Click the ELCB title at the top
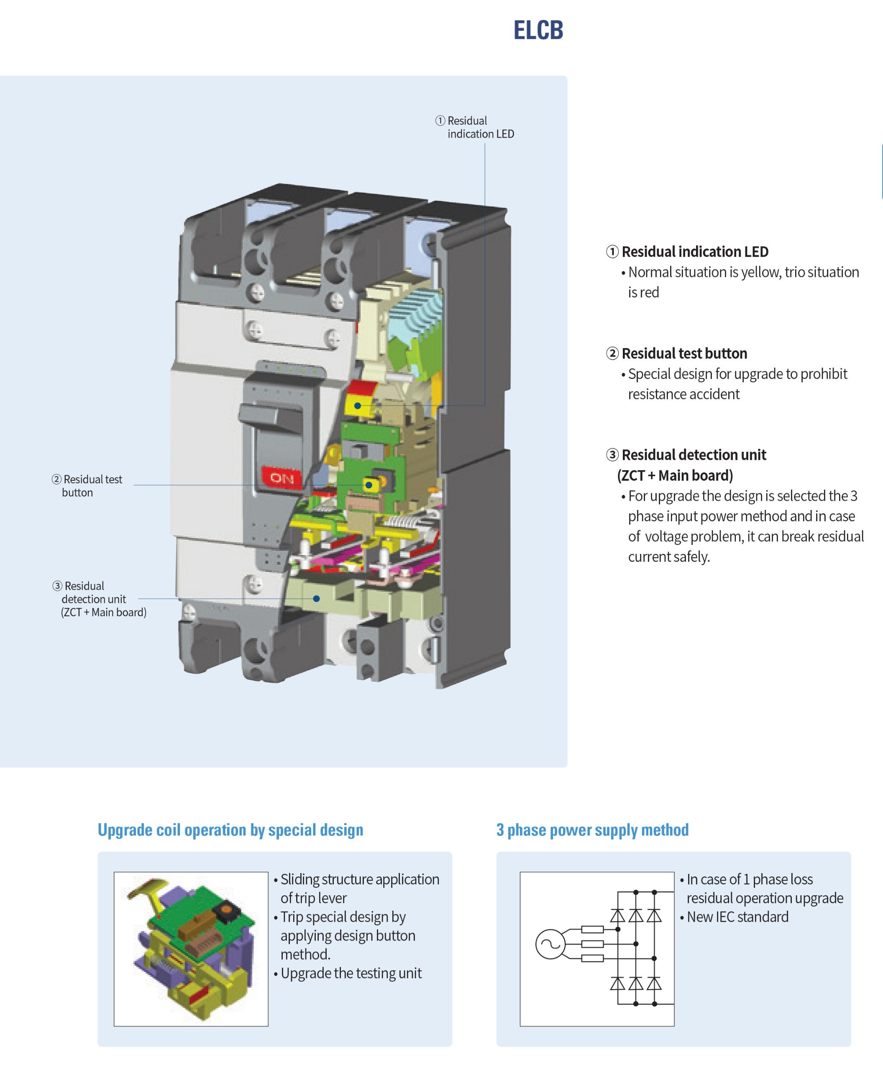coord(538,30)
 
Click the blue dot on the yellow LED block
coord(358,405)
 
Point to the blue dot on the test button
coord(369,485)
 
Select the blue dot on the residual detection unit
coord(316,598)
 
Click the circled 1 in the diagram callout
coord(440,120)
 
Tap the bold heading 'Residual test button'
coord(684,353)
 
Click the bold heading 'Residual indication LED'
coord(694,251)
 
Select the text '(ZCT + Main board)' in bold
coord(675,475)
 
